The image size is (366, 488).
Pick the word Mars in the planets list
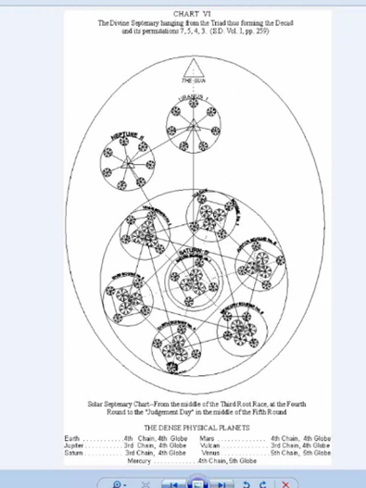207,438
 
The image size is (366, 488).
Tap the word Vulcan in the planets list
210,445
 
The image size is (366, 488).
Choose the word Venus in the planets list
209,453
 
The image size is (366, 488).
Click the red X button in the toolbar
286,482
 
